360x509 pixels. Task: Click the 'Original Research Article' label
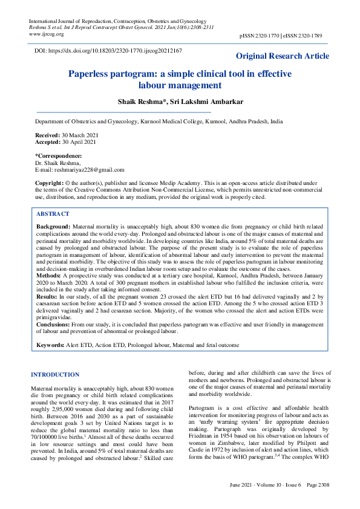283,56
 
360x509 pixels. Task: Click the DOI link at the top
108,53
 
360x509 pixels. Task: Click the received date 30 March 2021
80,135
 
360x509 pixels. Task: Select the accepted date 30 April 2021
80,142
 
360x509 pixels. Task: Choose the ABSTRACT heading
53,214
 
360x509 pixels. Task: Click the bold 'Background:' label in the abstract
53,225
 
